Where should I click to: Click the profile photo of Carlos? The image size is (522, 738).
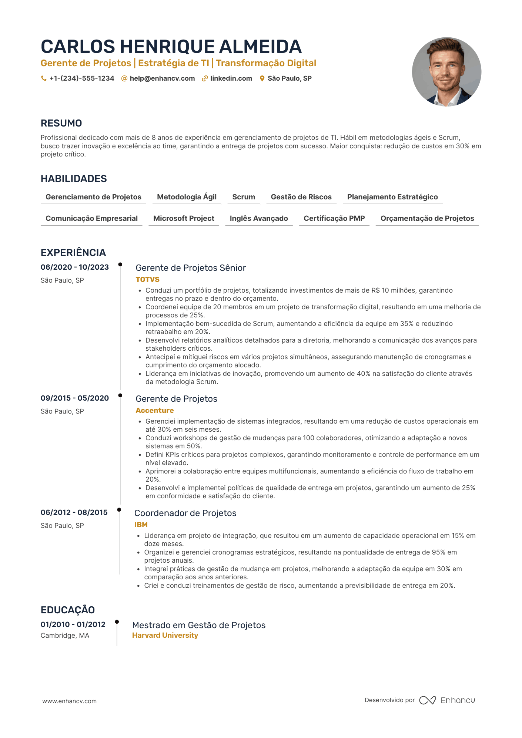446,72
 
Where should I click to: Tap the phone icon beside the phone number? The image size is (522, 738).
44,78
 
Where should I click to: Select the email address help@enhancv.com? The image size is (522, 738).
162,78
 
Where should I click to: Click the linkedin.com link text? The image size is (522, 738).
231,78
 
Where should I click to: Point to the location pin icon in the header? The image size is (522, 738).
262,78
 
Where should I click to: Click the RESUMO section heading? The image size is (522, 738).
61,123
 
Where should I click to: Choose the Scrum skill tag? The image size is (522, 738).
244,197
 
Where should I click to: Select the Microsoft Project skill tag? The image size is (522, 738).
184,219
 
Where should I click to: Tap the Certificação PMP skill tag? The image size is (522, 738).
334,219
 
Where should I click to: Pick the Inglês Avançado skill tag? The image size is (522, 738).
259,219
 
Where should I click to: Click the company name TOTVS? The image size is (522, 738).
147,280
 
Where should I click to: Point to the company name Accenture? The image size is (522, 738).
155,411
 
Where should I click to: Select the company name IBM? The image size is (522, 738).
141,525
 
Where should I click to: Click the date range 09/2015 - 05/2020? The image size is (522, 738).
75,398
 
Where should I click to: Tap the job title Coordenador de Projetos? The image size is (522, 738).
185,513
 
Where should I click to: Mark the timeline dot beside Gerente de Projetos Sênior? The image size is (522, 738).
120,264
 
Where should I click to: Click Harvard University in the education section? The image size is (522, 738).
165,636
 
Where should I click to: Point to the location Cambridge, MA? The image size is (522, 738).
65,636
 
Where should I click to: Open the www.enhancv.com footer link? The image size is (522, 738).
70,701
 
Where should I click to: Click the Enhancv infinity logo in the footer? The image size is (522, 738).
428,700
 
